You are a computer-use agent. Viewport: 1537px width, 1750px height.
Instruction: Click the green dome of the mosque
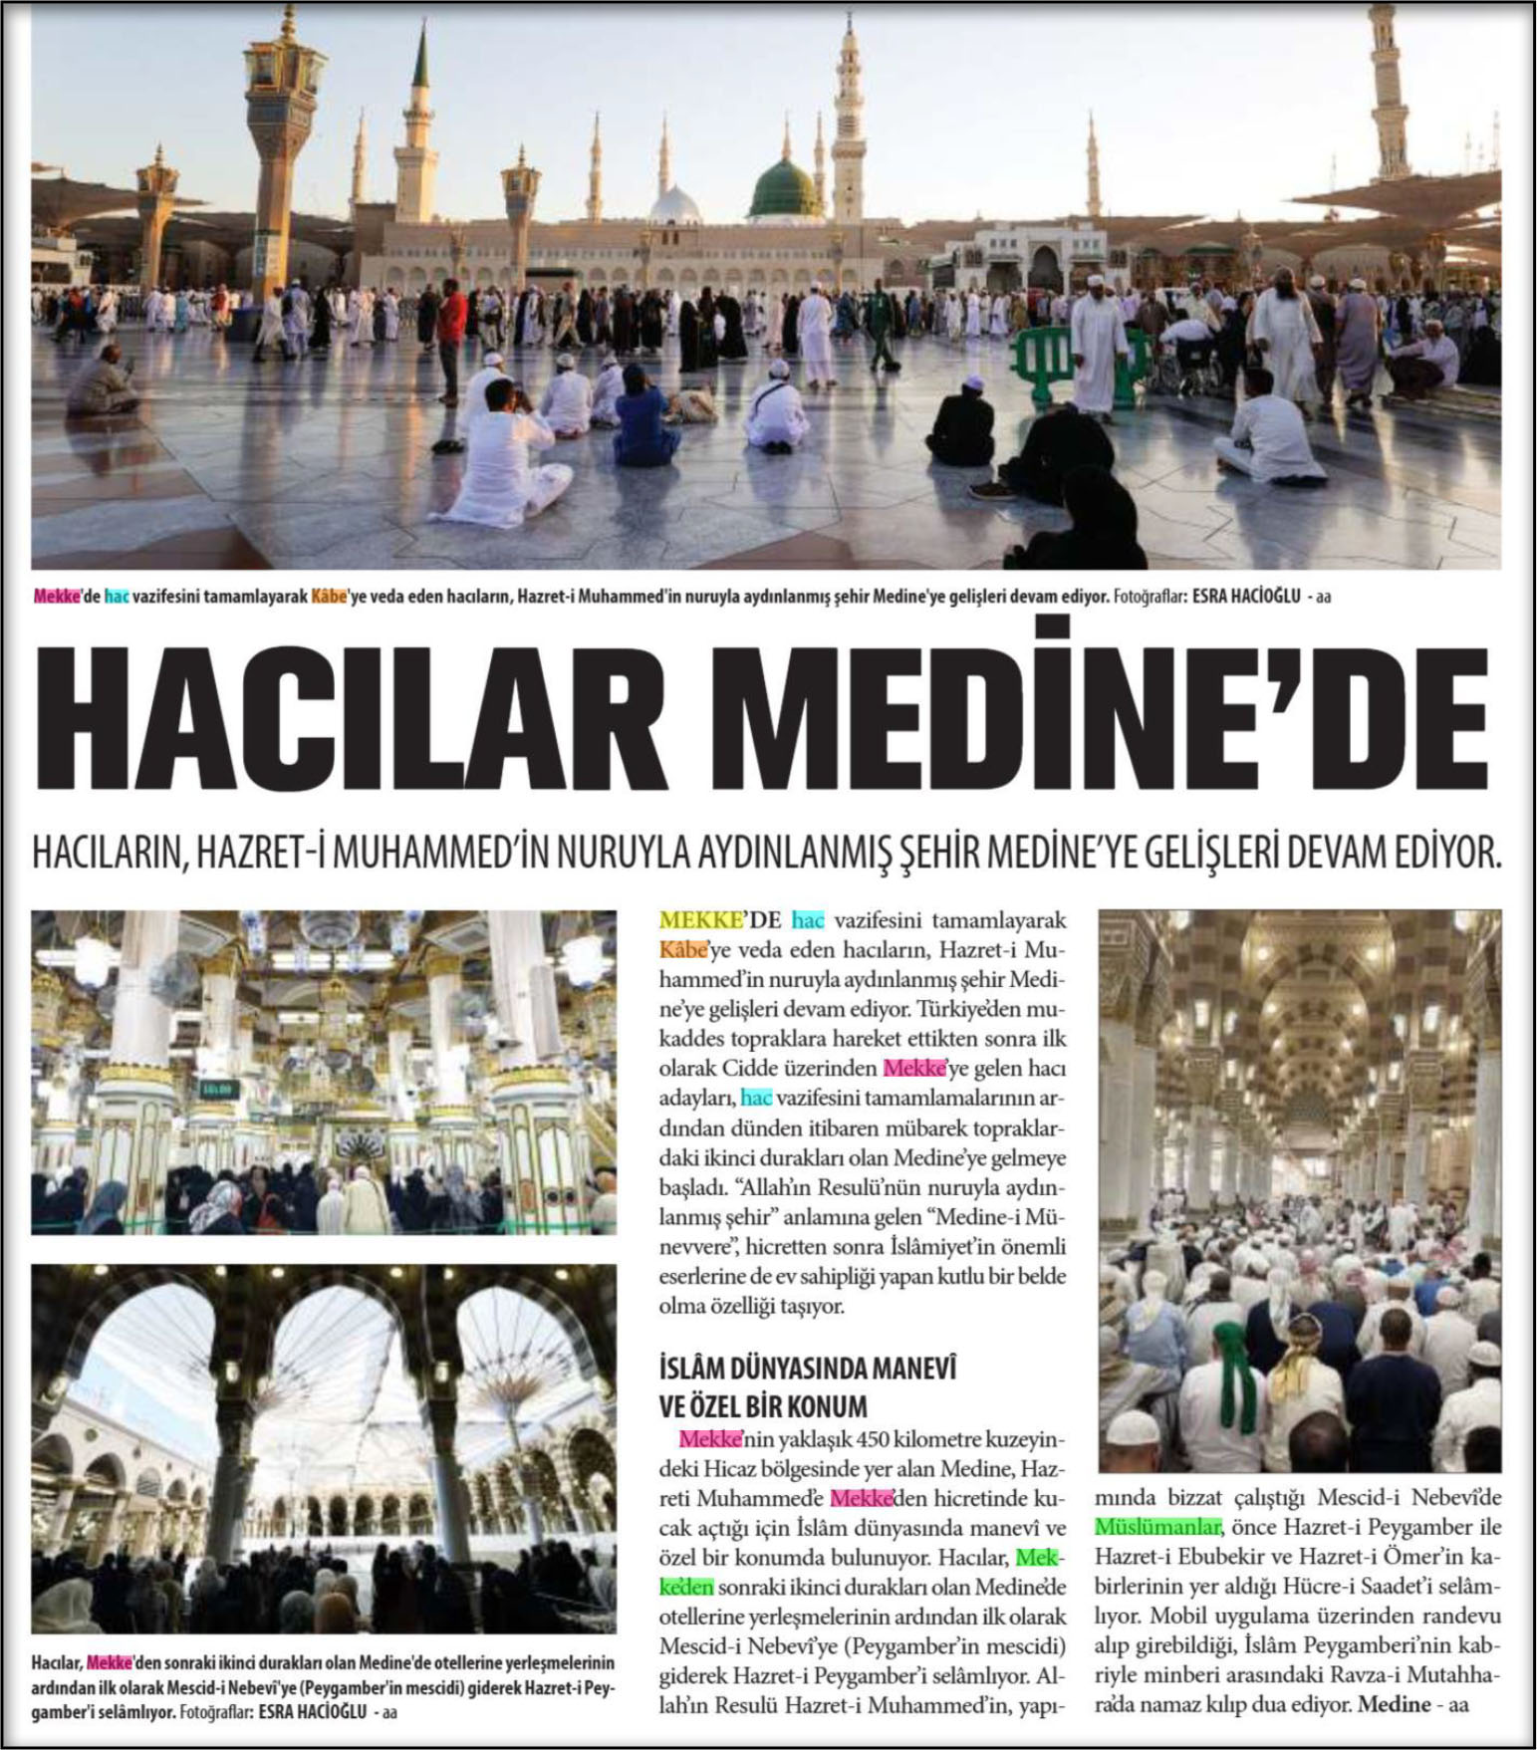[786, 189]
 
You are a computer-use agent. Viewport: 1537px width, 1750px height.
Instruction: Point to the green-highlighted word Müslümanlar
[1157, 1527]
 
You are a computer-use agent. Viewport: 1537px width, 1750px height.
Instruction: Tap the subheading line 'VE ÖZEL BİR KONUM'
[763, 1405]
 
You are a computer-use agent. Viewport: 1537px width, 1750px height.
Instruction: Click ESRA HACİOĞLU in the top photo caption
[1245, 598]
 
